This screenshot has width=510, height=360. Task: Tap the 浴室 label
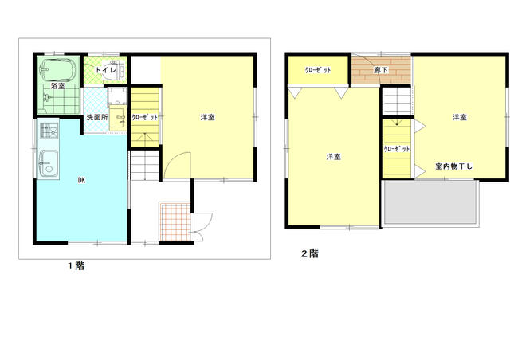[x=57, y=85]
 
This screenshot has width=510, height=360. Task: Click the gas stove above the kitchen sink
[x=45, y=131]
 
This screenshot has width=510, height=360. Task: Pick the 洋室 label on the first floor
[x=207, y=118]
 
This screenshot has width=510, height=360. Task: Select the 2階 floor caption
[x=309, y=255]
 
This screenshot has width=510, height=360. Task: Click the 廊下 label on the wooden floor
[x=381, y=70]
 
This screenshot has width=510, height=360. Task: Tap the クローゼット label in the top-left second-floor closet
[x=318, y=70]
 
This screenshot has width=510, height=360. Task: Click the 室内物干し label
[x=454, y=166]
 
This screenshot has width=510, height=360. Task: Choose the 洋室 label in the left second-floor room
[x=333, y=156]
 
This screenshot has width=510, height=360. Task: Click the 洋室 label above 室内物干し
[x=459, y=117]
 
